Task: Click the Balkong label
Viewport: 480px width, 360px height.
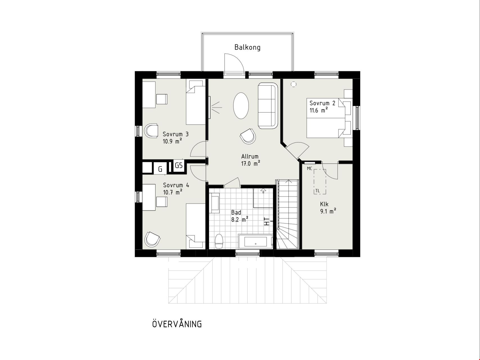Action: pos(247,47)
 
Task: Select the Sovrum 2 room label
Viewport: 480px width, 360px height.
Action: pos(322,103)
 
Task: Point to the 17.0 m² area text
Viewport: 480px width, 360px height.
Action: pos(251,163)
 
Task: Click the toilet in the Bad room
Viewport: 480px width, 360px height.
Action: pos(219,241)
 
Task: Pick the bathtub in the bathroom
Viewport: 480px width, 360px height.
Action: pos(255,242)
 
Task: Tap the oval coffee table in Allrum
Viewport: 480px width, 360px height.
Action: pos(241,106)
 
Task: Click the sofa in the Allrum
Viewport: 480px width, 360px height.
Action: pos(268,106)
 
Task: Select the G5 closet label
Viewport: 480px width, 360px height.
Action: pos(179,165)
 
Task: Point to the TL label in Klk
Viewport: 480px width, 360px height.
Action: pos(317,191)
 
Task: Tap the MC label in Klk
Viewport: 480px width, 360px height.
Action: pos(309,169)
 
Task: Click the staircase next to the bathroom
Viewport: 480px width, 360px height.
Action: pos(287,214)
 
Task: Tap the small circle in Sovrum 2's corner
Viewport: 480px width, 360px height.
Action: pos(294,84)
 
